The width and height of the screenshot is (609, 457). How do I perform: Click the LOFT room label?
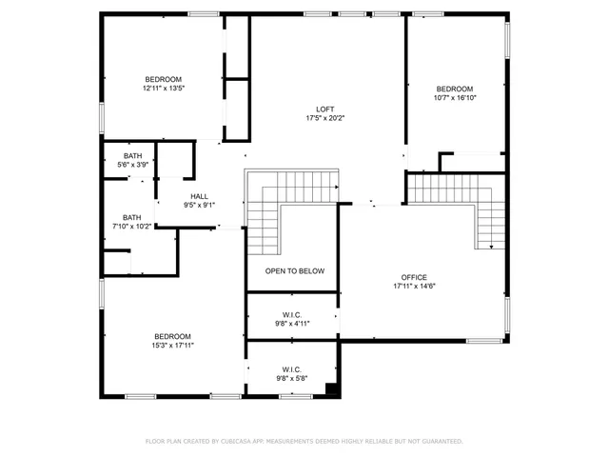[x=325, y=109]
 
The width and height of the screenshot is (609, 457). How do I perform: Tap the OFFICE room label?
[x=415, y=276]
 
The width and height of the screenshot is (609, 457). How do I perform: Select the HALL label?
[x=199, y=196]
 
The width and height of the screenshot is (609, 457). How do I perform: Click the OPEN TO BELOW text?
[x=294, y=271]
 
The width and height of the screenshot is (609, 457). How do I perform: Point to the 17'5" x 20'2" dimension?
[x=325, y=119]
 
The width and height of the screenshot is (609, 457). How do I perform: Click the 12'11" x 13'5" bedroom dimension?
[x=163, y=89]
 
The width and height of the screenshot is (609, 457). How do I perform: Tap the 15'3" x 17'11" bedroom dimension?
[x=172, y=346]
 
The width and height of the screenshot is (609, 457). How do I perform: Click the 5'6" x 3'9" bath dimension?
[x=132, y=165]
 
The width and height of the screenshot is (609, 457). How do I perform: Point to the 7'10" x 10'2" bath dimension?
[x=131, y=227]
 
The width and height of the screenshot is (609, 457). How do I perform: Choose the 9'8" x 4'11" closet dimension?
[x=292, y=324]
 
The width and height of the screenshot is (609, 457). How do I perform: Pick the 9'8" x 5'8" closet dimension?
[x=292, y=379]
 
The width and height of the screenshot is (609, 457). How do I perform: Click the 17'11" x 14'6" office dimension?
[x=415, y=286]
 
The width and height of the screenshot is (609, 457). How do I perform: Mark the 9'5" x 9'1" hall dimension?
[x=199, y=205]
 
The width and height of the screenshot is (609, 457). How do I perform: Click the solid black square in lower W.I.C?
[x=331, y=388]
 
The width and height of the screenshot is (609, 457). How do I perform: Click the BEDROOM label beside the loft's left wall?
[x=163, y=79]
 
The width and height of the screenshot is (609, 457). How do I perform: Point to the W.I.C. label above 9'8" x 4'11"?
[x=292, y=314]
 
